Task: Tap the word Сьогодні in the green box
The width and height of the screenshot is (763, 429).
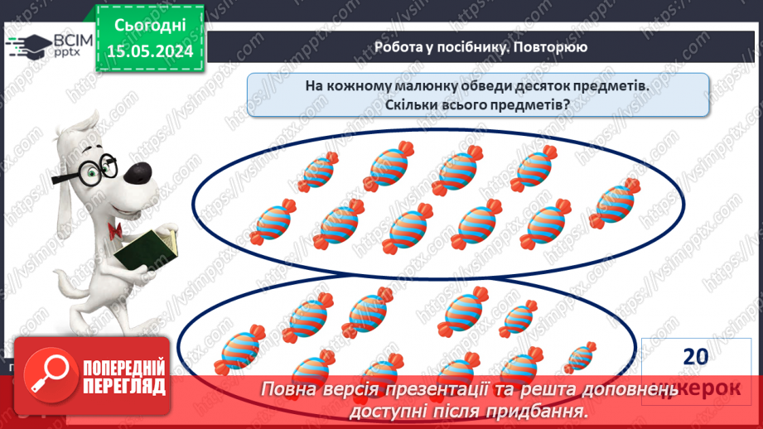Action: [x=150, y=26]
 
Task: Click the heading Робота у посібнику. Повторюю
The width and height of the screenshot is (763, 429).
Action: [x=480, y=47]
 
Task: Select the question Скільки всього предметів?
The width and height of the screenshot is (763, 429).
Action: [x=477, y=106]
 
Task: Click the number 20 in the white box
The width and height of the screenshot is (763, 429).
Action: [x=696, y=356]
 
